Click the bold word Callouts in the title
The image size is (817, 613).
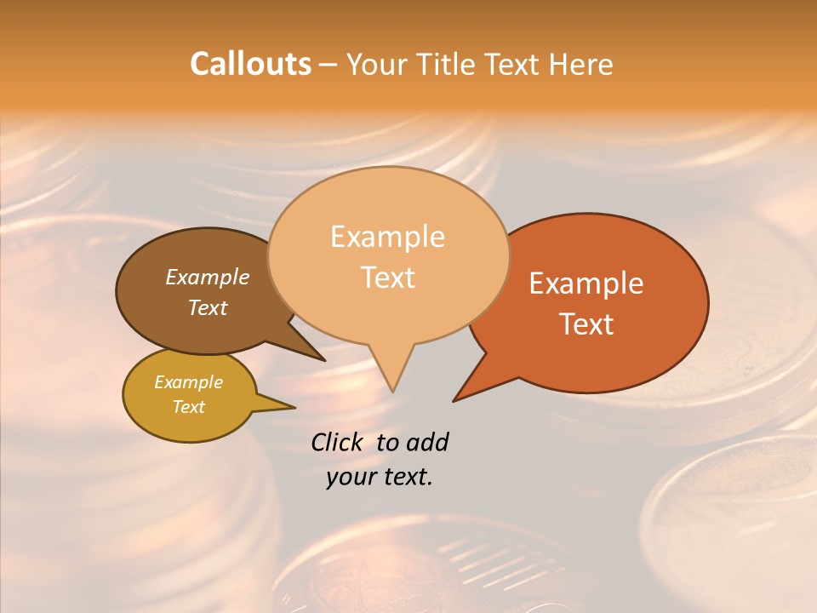click(x=250, y=64)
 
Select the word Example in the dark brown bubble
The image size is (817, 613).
click(x=207, y=277)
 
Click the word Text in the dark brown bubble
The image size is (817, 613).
click(x=207, y=307)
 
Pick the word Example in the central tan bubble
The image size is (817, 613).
click(x=387, y=237)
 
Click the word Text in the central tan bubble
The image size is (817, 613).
click(x=388, y=278)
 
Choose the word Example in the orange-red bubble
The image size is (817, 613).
click(x=586, y=284)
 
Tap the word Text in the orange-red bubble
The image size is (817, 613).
click(x=587, y=324)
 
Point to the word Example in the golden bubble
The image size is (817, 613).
click(x=188, y=382)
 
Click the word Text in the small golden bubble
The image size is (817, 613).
click(x=188, y=407)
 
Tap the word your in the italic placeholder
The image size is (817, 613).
click(x=351, y=477)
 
